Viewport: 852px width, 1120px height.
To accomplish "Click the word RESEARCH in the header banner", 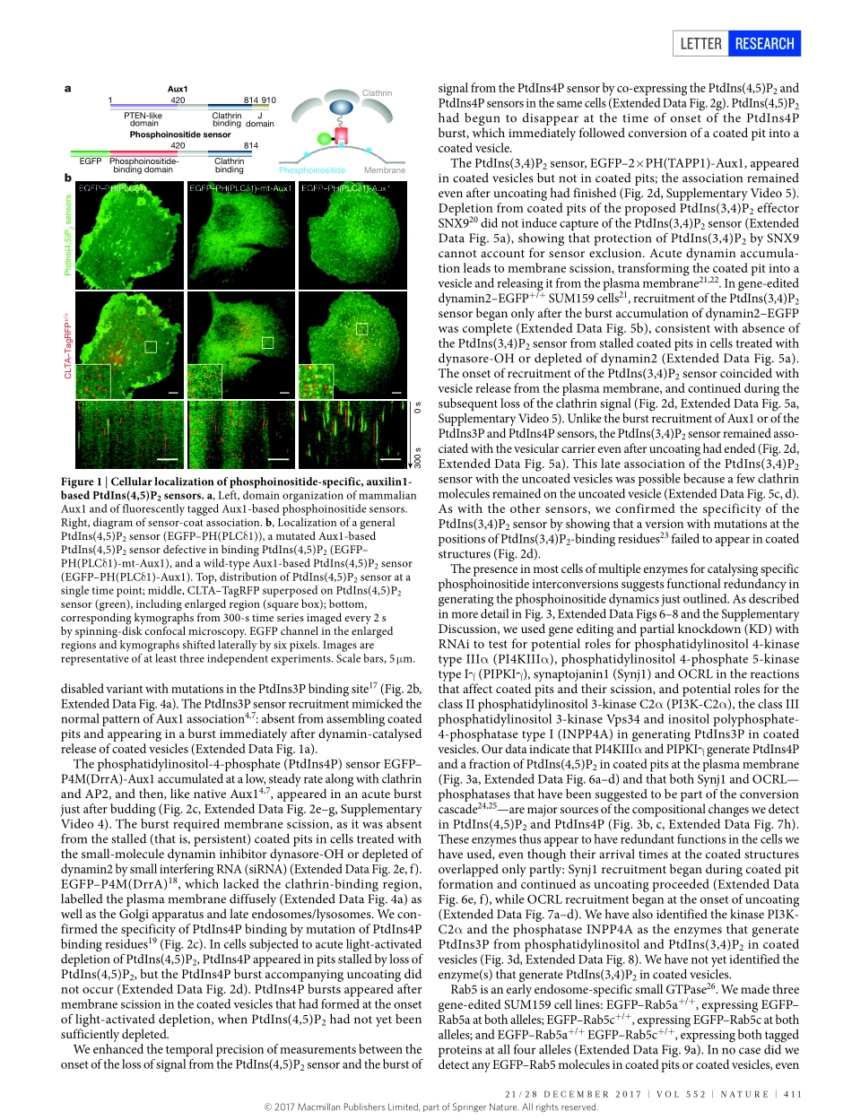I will pos(764,43).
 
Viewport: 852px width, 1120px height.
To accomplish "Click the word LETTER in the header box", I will pos(701,43).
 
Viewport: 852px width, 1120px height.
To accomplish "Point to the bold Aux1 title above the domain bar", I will pos(178,89).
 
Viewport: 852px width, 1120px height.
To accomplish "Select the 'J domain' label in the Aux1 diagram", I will pos(265,119).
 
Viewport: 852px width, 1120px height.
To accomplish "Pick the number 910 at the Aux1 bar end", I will pos(268,100).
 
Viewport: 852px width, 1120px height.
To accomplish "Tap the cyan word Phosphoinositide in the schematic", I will pos(311,169).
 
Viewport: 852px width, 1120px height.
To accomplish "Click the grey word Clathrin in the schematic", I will pos(377,92).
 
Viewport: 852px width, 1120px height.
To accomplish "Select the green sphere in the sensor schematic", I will pos(325,139).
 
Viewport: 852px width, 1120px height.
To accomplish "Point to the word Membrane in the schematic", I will pos(384,169).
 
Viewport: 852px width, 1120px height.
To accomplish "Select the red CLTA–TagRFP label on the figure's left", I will pos(68,344).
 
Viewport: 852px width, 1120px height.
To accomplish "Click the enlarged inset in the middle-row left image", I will pos(93,380).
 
